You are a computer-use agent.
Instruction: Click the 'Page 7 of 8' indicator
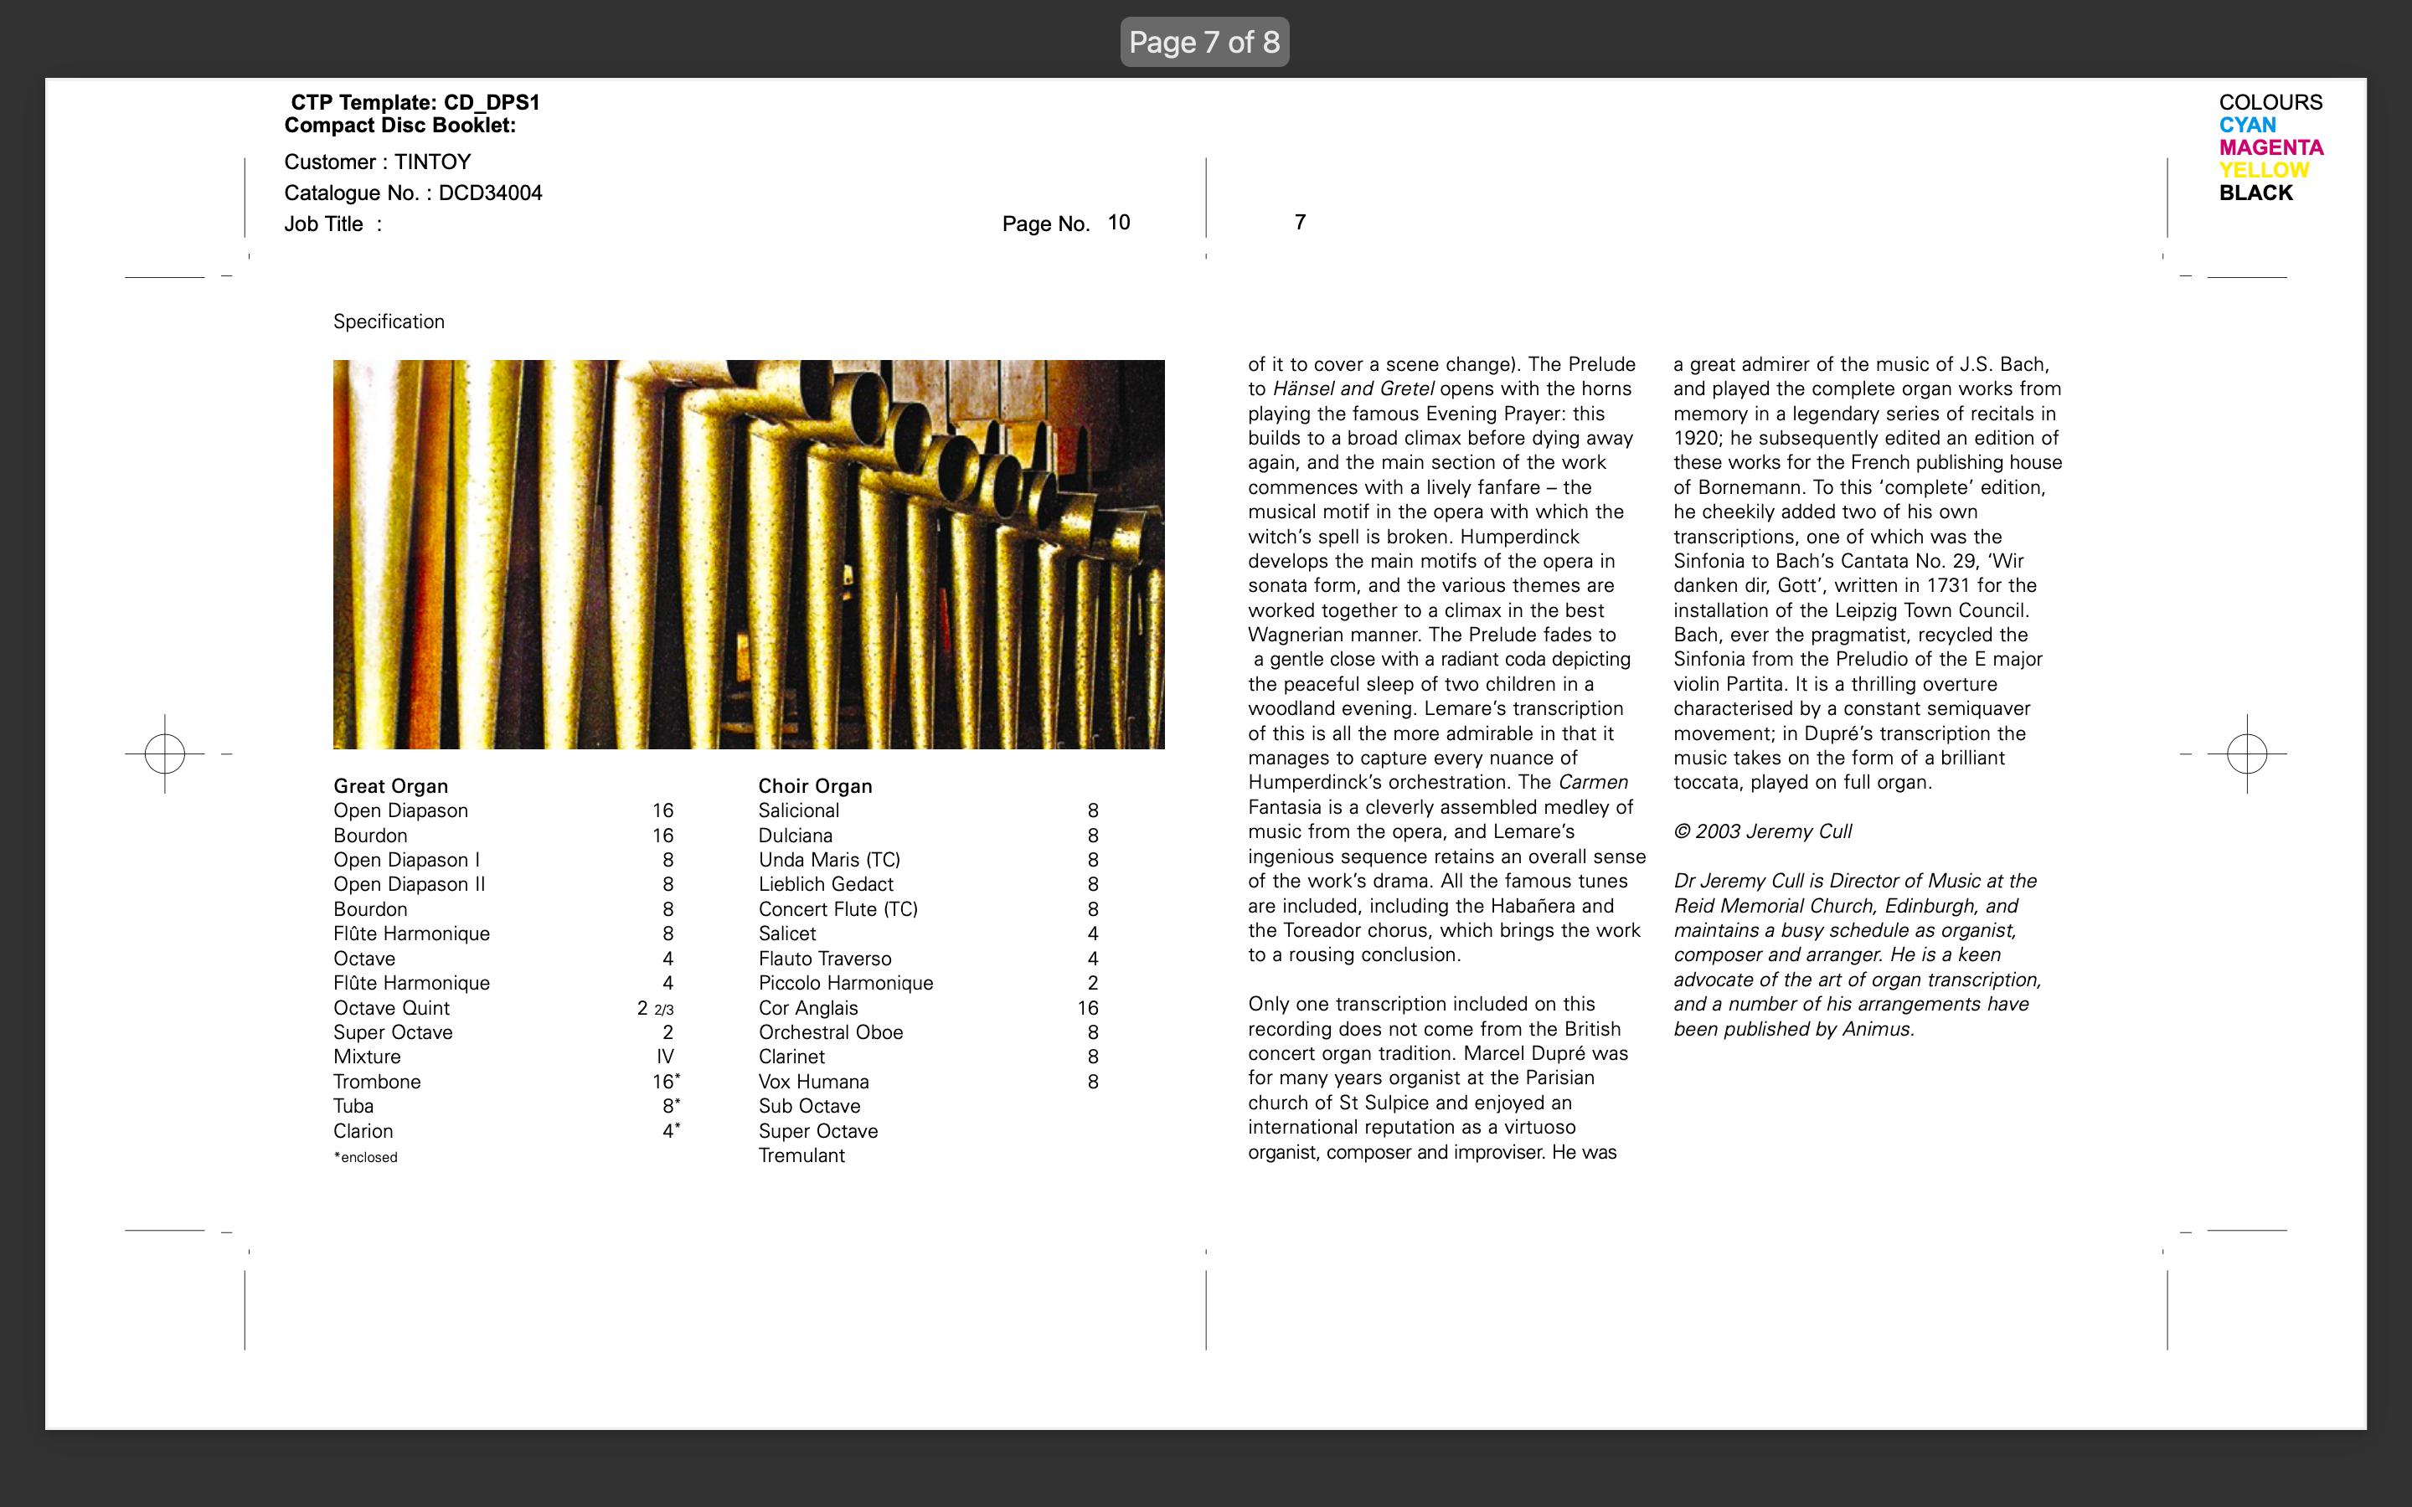tap(1204, 42)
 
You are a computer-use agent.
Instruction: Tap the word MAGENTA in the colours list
tap(2270, 147)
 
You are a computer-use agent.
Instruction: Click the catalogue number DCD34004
tap(491, 193)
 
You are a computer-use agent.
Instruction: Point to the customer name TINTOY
tap(431, 162)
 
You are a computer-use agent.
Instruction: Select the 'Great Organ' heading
tap(391, 786)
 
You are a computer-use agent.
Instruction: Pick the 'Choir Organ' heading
tap(814, 786)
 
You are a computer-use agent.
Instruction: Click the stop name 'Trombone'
tap(377, 1082)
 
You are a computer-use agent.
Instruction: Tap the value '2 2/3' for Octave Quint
tap(656, 1008)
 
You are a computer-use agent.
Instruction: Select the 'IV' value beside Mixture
tap(665, 1057)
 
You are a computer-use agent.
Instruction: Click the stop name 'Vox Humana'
tap(813, 1082)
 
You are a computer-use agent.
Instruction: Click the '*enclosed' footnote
tap(366, 1157)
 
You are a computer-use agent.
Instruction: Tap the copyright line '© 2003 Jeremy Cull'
tap(1762, 831)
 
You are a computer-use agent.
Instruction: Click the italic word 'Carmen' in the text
tap(1593, 783)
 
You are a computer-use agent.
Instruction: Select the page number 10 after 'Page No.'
tap(1118, 222)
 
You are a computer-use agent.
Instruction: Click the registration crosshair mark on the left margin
tap(164, 753)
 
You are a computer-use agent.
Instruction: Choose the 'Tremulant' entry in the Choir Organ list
tap(801, 1155)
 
